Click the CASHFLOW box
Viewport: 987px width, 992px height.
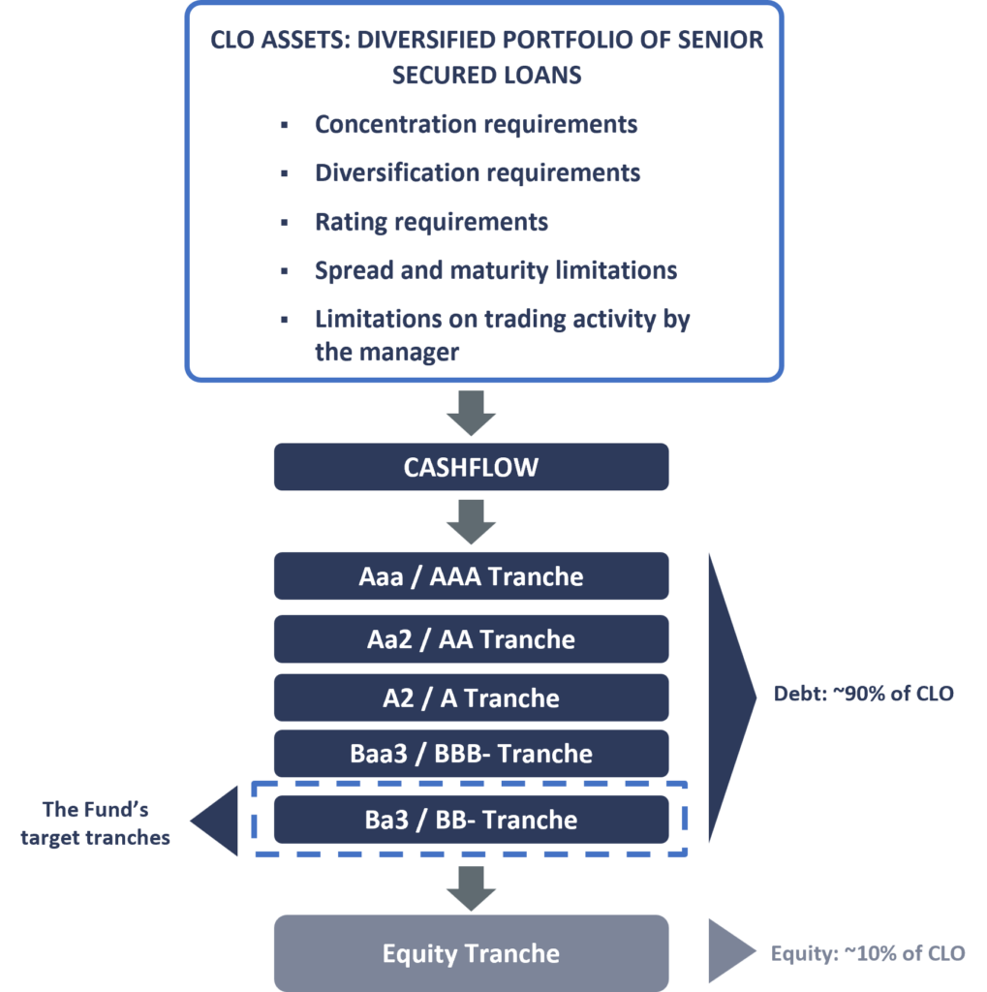click(x=471, y=468)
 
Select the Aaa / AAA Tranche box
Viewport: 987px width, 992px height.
click(x=471, y=576)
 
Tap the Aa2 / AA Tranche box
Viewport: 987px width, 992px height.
click(x=471, y=639)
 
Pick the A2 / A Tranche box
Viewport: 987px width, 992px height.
click(x=471, y=697)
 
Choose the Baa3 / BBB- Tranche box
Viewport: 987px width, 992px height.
click(x=471, y=754)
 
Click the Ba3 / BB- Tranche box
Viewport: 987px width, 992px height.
click(x=471, y=820)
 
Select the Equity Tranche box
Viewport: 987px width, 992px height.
click(x=471, y=953)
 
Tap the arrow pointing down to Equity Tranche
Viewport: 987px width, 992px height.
click(x=471, y=887)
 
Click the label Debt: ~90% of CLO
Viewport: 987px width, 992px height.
click(x=864, y=694)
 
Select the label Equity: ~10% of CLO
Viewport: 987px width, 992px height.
click(x=868, y=953)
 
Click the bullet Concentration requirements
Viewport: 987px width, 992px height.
click(x=476, y=125)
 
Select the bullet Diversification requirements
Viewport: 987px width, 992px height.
click(x=478, y=173)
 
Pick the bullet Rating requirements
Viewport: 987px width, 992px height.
click(x=431, y=222)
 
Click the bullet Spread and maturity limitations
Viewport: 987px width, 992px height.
click(x=495, y=270)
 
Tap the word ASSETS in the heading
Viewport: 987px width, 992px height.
click(x=301, y=41)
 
